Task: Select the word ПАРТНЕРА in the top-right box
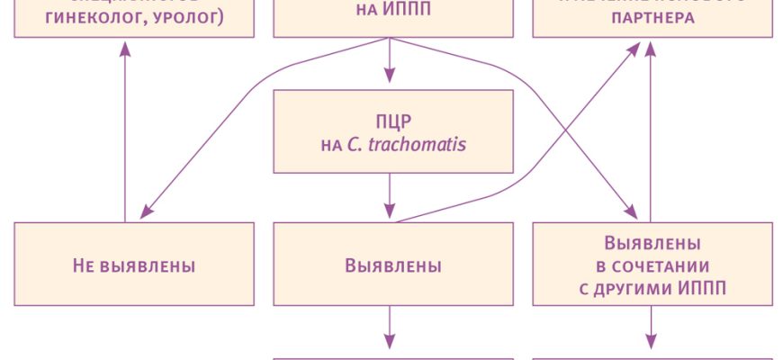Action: [x=652, y=17]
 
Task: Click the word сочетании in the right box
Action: [x=652, y=266]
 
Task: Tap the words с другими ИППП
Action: [x=652, y=288]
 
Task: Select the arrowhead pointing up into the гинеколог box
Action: [x=125, y=49]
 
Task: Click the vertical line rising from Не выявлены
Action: [x=125, y=135]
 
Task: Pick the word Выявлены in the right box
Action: [x=652, y=244]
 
